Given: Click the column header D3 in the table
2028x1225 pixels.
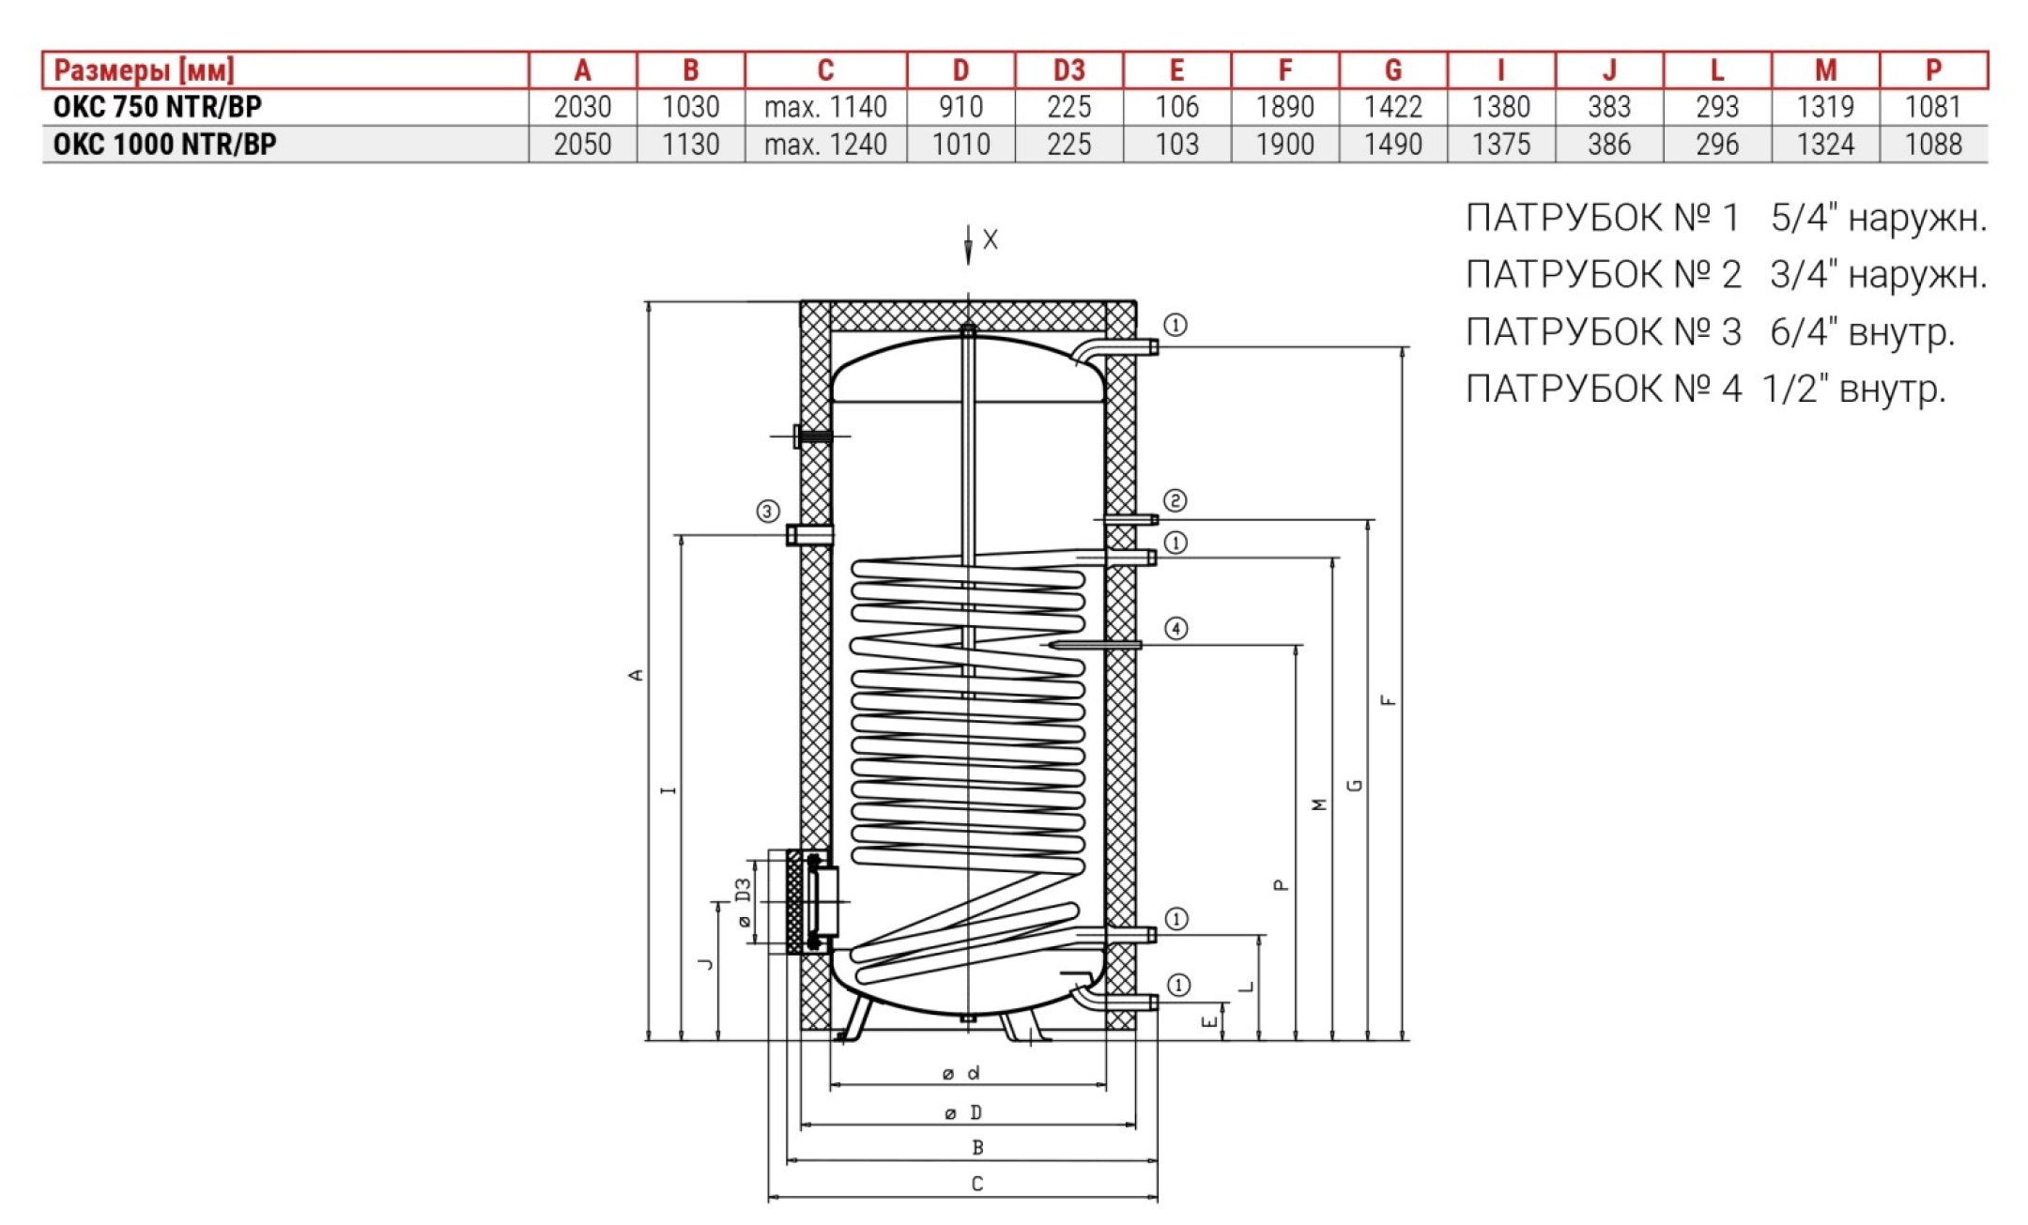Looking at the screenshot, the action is point(1068,70).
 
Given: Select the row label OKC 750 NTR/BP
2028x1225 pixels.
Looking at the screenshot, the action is point(158,107).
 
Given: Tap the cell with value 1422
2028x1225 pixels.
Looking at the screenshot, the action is point(1393,107).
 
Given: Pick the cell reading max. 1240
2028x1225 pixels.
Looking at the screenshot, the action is point(825,145).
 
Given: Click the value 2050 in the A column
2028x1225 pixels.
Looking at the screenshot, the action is point(582,145).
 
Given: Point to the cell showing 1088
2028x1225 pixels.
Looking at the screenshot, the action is point(1933,145).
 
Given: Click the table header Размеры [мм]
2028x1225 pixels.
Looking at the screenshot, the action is point(144,70).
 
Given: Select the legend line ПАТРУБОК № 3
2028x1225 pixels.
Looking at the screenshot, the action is point(1711,332).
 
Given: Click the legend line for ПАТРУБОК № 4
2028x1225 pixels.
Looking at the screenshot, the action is point(1706,389).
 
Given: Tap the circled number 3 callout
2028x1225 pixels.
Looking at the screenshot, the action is point(768,512).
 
